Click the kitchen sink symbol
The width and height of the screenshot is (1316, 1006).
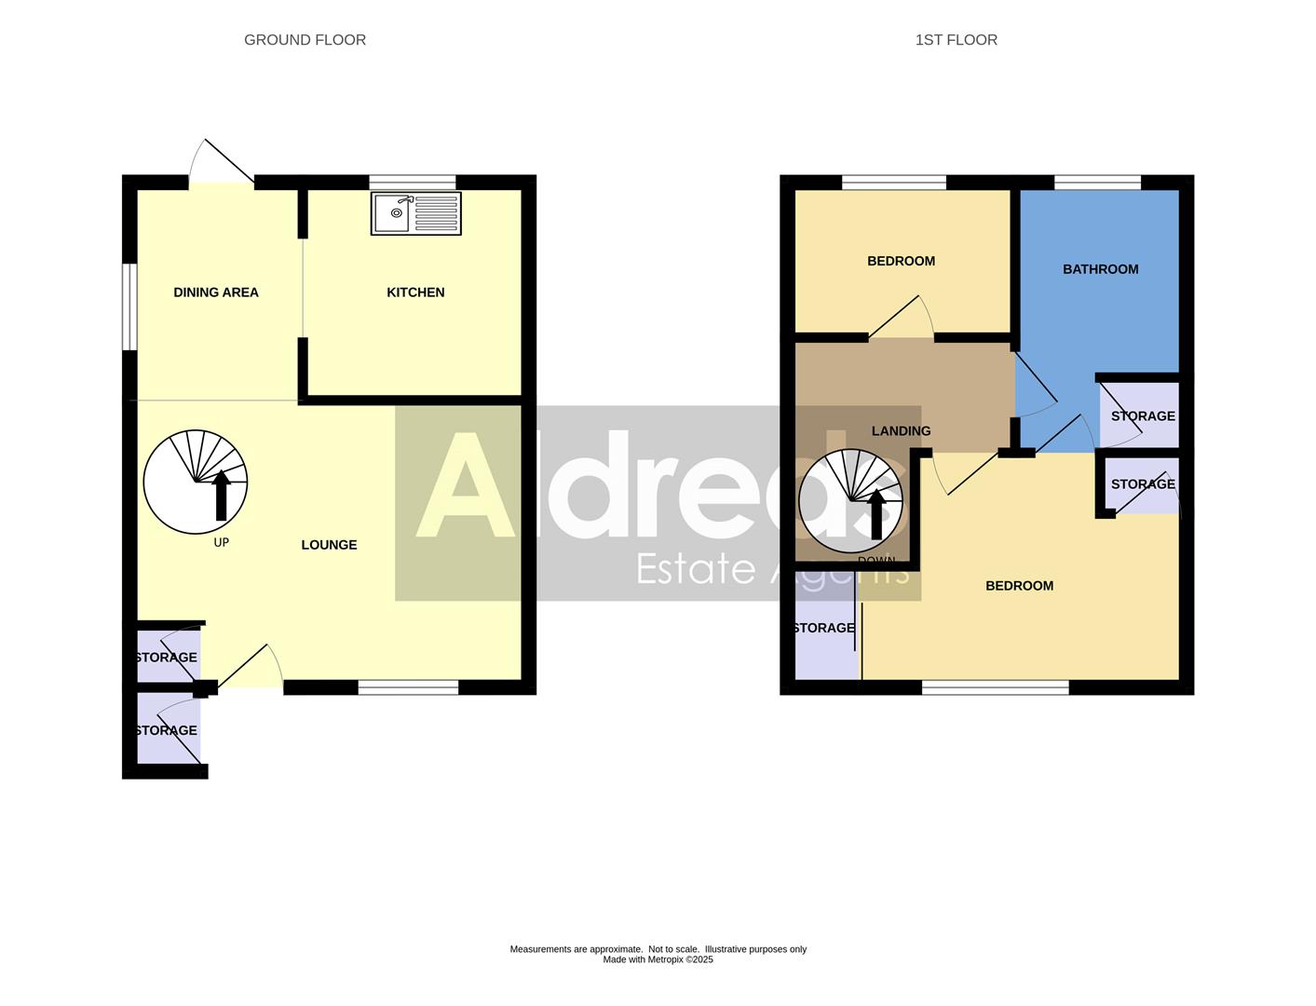click(x=415, y=214)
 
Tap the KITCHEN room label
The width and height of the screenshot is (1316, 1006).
click(x=415, y=292)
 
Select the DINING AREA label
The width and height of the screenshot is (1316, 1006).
click(x=216, y=292)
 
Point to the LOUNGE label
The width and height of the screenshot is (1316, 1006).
click(x=329, y=545)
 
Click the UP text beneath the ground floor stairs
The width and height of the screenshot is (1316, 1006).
click(x=221, y=542)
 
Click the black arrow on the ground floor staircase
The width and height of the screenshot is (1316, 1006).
click(x=221, y=496)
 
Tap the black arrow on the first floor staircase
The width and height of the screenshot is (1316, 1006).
click(x=876, y=514)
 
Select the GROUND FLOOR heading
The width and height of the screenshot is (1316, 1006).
click(x=305, y=40)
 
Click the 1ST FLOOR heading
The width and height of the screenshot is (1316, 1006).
click(x=956, y=40)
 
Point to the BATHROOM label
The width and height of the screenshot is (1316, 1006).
click(x=1100, y=269)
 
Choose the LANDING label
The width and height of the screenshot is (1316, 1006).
click(x=901, y=431)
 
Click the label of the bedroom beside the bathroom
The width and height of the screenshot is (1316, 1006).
click(x=901, y=261)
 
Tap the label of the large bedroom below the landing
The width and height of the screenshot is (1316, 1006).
click(x=1019, y=586)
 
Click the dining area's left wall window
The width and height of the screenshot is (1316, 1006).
click(x=130, y=307)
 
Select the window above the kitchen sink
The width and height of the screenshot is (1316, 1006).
click(x=413, y=182)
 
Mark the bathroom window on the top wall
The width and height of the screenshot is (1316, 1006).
click(x=1097, y=182)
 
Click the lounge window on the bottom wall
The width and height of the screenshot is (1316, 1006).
click(x=408, y=687)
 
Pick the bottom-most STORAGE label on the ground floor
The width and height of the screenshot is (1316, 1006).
click(x=167, y=730)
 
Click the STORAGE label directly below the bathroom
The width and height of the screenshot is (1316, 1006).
click(x=1143, y=416)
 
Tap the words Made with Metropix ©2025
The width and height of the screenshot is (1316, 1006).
click(x=658, y=959)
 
